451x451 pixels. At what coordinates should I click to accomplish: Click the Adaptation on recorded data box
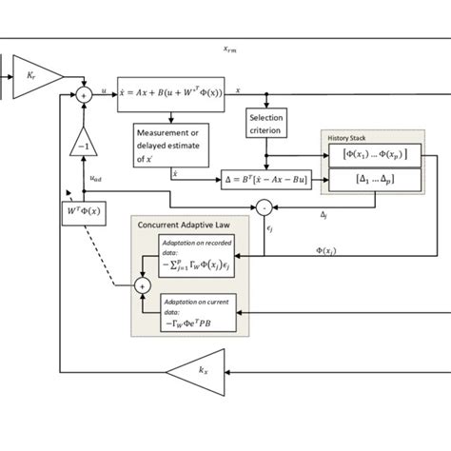click(201, 256)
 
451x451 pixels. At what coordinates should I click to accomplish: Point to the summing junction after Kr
click(85, 94)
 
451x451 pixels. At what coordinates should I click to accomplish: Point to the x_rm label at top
click(225, 48)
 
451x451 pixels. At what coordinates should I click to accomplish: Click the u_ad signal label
click(98, 177)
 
